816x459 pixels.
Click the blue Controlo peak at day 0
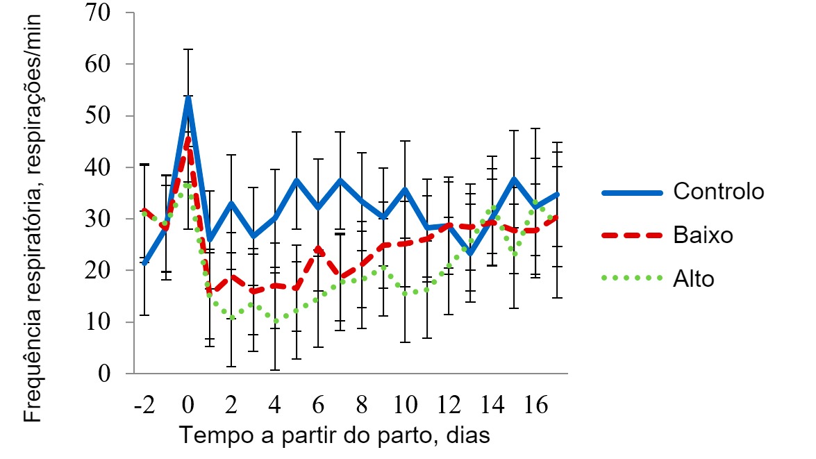point(188,97)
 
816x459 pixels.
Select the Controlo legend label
point(718,191)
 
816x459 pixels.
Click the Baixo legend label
point(703,235)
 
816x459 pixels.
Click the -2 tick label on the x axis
point(144,405)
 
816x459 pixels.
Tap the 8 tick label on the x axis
point(361,405)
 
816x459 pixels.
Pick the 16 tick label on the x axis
point(535,405)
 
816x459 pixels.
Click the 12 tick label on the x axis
point(448,405)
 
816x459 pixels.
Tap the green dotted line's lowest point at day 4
point(275,322)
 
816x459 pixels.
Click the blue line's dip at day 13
point(471,253)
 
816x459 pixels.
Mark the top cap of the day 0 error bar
point(188,49)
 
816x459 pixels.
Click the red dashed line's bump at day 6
point(318,248)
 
